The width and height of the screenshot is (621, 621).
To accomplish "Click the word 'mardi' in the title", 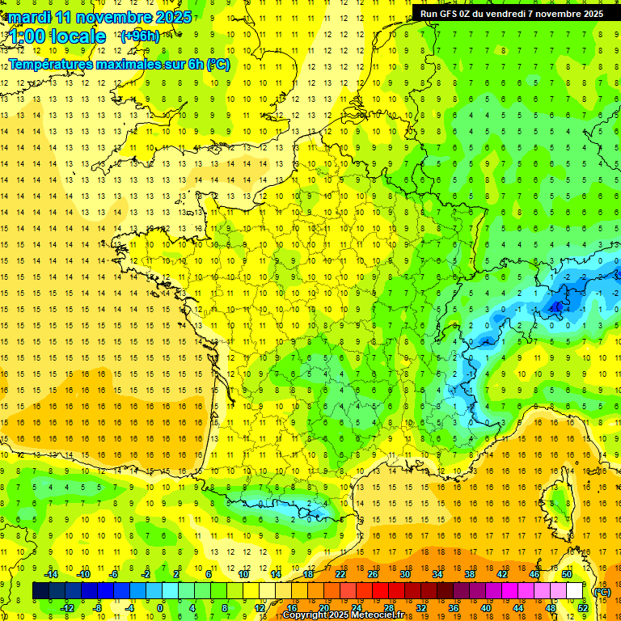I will pyautogui.click(x=27, y=17).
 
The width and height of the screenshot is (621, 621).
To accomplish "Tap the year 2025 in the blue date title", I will pyautogui.click(x=172, y=17).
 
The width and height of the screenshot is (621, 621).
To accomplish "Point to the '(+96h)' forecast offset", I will pyautogui.click(x=140, y=36).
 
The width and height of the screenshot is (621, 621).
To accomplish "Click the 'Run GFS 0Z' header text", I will pyautogui.click(x=450, y=13).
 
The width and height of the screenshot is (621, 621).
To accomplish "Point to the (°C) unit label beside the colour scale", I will pyautogui.click(x=602, y=591).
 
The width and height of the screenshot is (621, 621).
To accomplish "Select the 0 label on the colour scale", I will pyautogui.click(x=160, y=607).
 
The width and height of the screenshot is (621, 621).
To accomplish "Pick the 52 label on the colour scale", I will pyautogui.click(x=582, y=607).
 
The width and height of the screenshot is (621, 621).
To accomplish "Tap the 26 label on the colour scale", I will pyautogui.click(x=372, y=574).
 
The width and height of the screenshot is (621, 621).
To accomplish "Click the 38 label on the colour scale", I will pyautogui.click(x=469, y=574).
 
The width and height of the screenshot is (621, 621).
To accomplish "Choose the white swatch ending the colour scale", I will pyautogui.click(x=575, y=590).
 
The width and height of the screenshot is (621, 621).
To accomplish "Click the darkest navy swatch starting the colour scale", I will pyautogui.click(x=40, y=590).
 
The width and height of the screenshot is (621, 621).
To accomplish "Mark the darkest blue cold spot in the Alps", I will pyautogui.click(x=556, y=306).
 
